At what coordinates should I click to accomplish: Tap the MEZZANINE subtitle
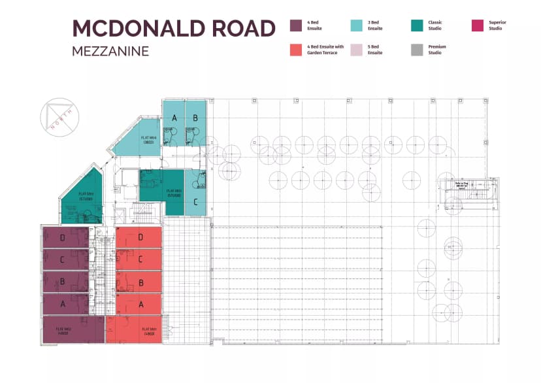click(110, 51)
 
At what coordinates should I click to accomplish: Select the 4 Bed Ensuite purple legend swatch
click(295, 25)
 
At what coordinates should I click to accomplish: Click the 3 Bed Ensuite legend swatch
click(356, 25)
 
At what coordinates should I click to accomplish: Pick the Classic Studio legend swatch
click(417, 25)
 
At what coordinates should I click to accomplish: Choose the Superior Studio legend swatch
click(478, 25)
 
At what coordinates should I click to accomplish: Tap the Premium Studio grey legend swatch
click(417, 50)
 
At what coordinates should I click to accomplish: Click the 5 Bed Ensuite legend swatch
click(356, 50)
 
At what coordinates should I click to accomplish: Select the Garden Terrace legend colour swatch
click(295, 50)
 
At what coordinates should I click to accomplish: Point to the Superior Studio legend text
click(497, 25)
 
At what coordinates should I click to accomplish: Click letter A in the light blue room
click(174, 118)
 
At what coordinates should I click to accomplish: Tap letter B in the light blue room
click(195, 118)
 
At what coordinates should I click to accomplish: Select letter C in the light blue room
click(195, 202)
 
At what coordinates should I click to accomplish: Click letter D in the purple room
click(63, 238)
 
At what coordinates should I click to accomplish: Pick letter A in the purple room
click(63, 304)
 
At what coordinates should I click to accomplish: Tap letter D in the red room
click(140, 237)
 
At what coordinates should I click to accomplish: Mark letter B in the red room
click(140, 283)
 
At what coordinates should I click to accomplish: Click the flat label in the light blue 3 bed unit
click(148, 139)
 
